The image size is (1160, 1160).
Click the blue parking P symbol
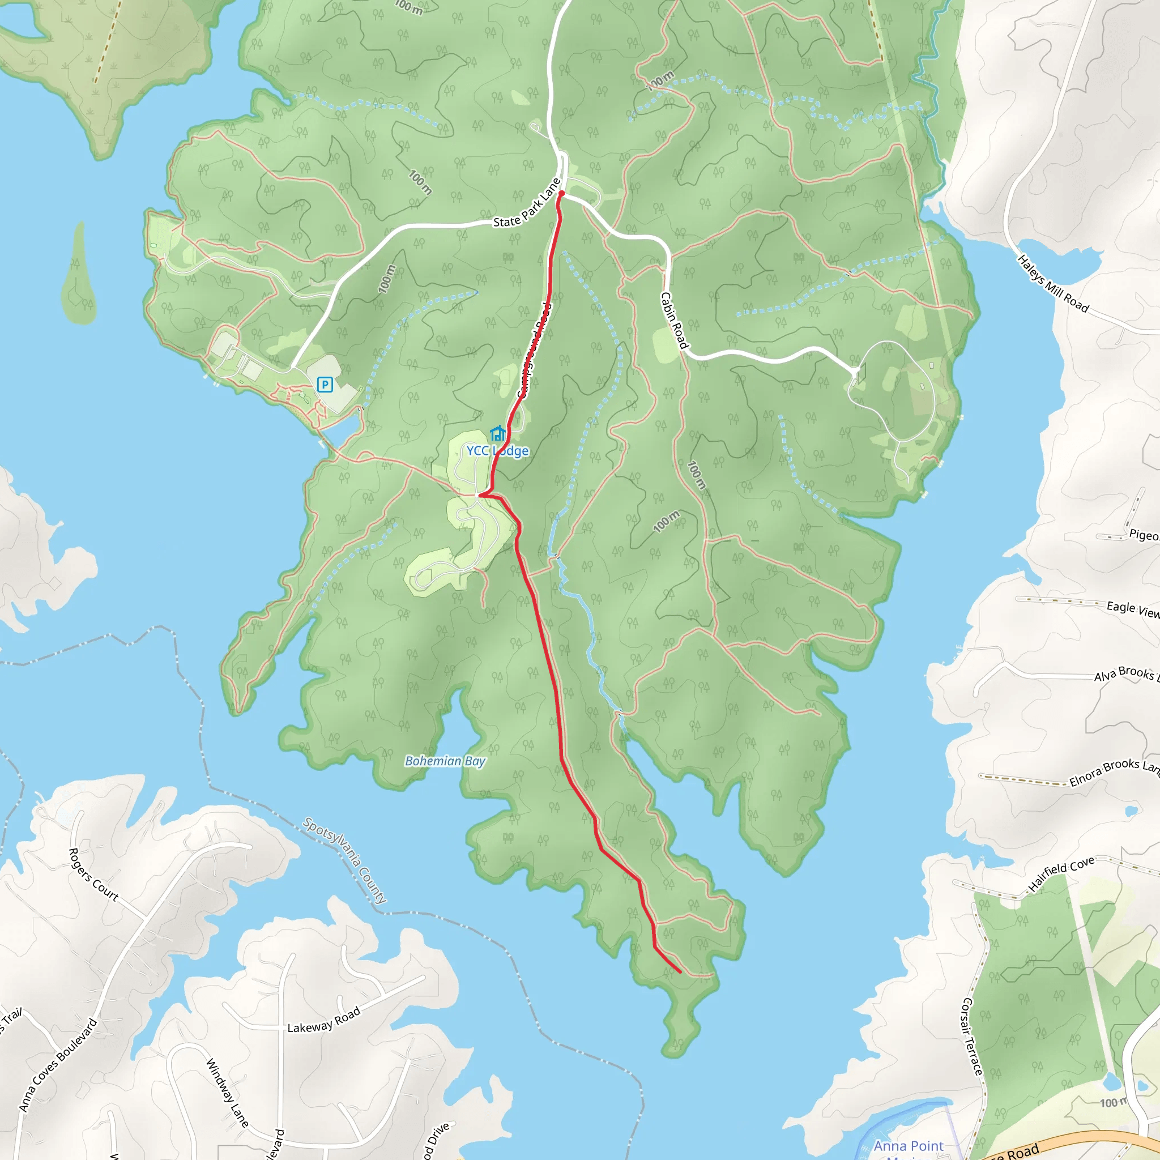[325, 384]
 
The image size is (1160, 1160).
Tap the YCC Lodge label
[498, 451]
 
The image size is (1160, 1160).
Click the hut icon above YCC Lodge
[497, 433]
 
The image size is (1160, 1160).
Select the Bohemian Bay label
[445, 761]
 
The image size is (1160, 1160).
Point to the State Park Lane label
[527, 204]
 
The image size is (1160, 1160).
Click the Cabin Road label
[673, 320]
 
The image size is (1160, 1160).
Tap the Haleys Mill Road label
[1052, 284]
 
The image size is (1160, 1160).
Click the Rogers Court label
[93, 874]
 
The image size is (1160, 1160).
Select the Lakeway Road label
[323, 1020]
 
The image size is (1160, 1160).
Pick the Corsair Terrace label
[972, 1037]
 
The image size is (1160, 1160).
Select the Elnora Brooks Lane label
[1114, 772]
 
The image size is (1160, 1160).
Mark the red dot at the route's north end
[561, 193]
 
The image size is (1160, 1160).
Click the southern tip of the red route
[680, 971]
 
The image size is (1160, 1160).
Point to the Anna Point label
[909, 1146]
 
